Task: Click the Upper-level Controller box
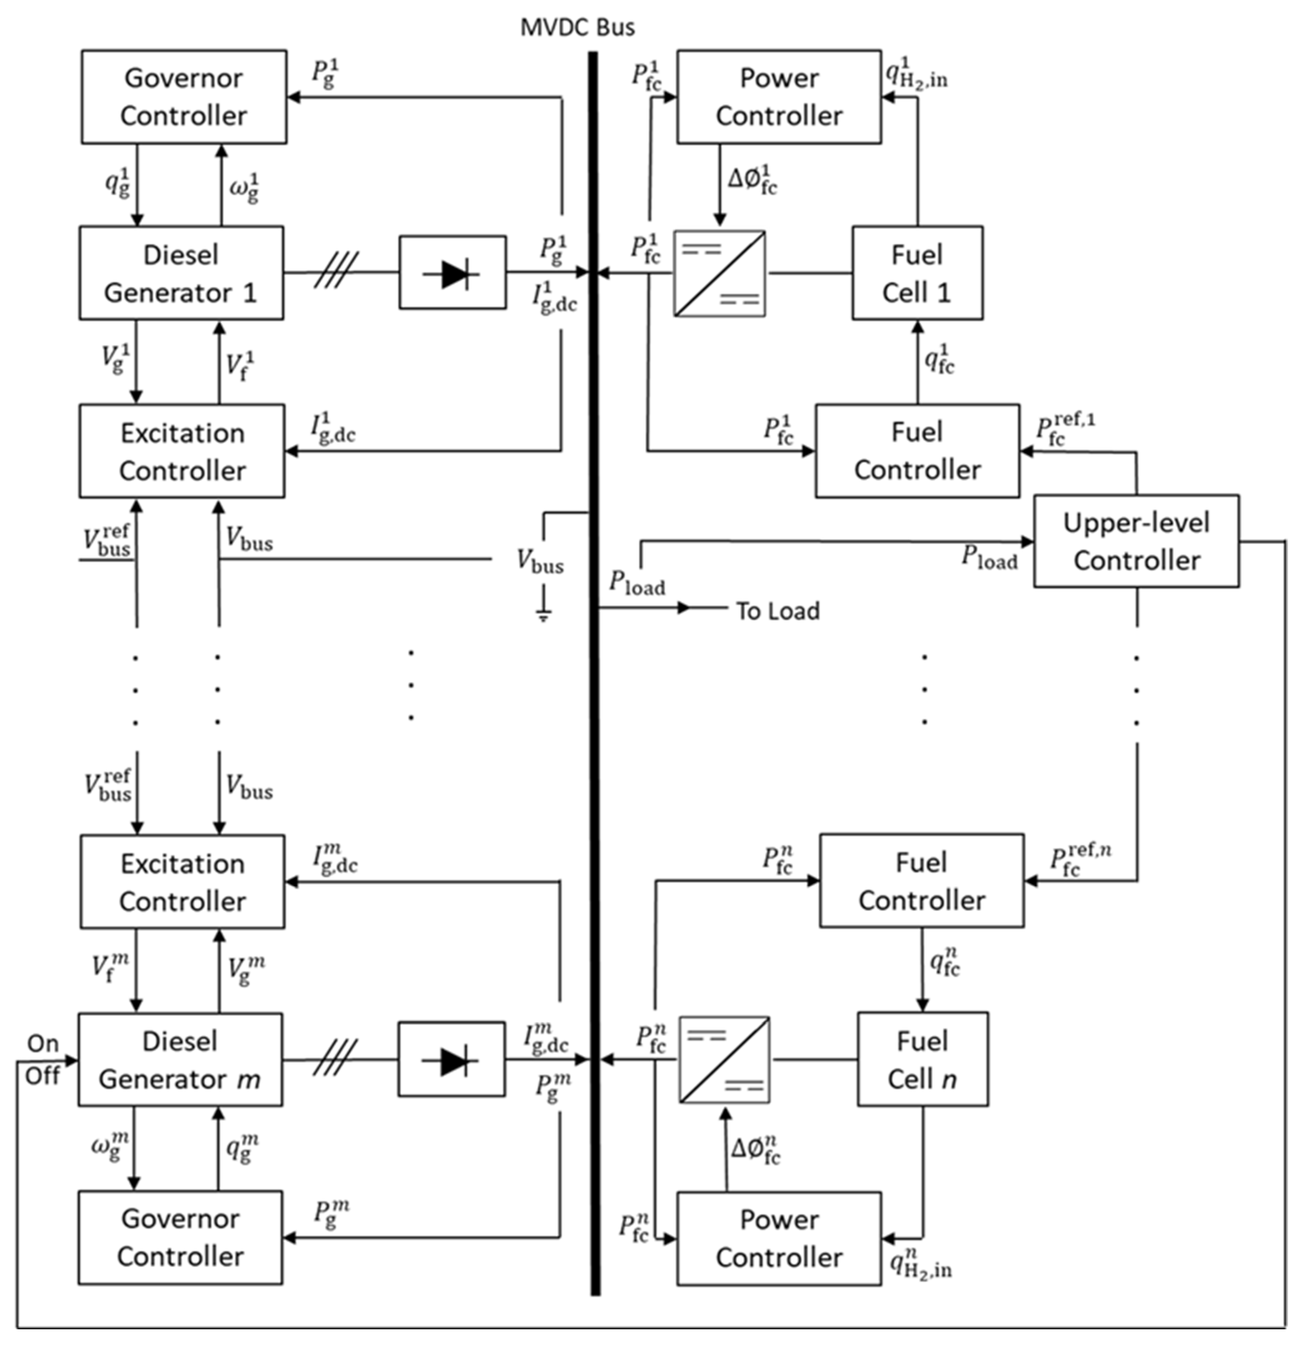[x=1136, y=541]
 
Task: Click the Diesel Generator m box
[x=180, y=1059]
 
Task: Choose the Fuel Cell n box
[x=923, y=1059]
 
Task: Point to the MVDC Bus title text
[x=577, y=28]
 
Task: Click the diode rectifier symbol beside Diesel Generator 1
[x=453, y=273]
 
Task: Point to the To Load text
[x=778, y=611]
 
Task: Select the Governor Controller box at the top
[x=184, y=97]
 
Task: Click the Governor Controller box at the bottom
[x=180, y=1237]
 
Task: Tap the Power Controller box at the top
[x=779, y=97]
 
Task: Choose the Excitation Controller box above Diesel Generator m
[x=182, y=882]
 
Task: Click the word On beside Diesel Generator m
[x=43, y=1044]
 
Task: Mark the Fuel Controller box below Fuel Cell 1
[x=917, y=451]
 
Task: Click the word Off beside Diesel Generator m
[x=43, y=1075]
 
